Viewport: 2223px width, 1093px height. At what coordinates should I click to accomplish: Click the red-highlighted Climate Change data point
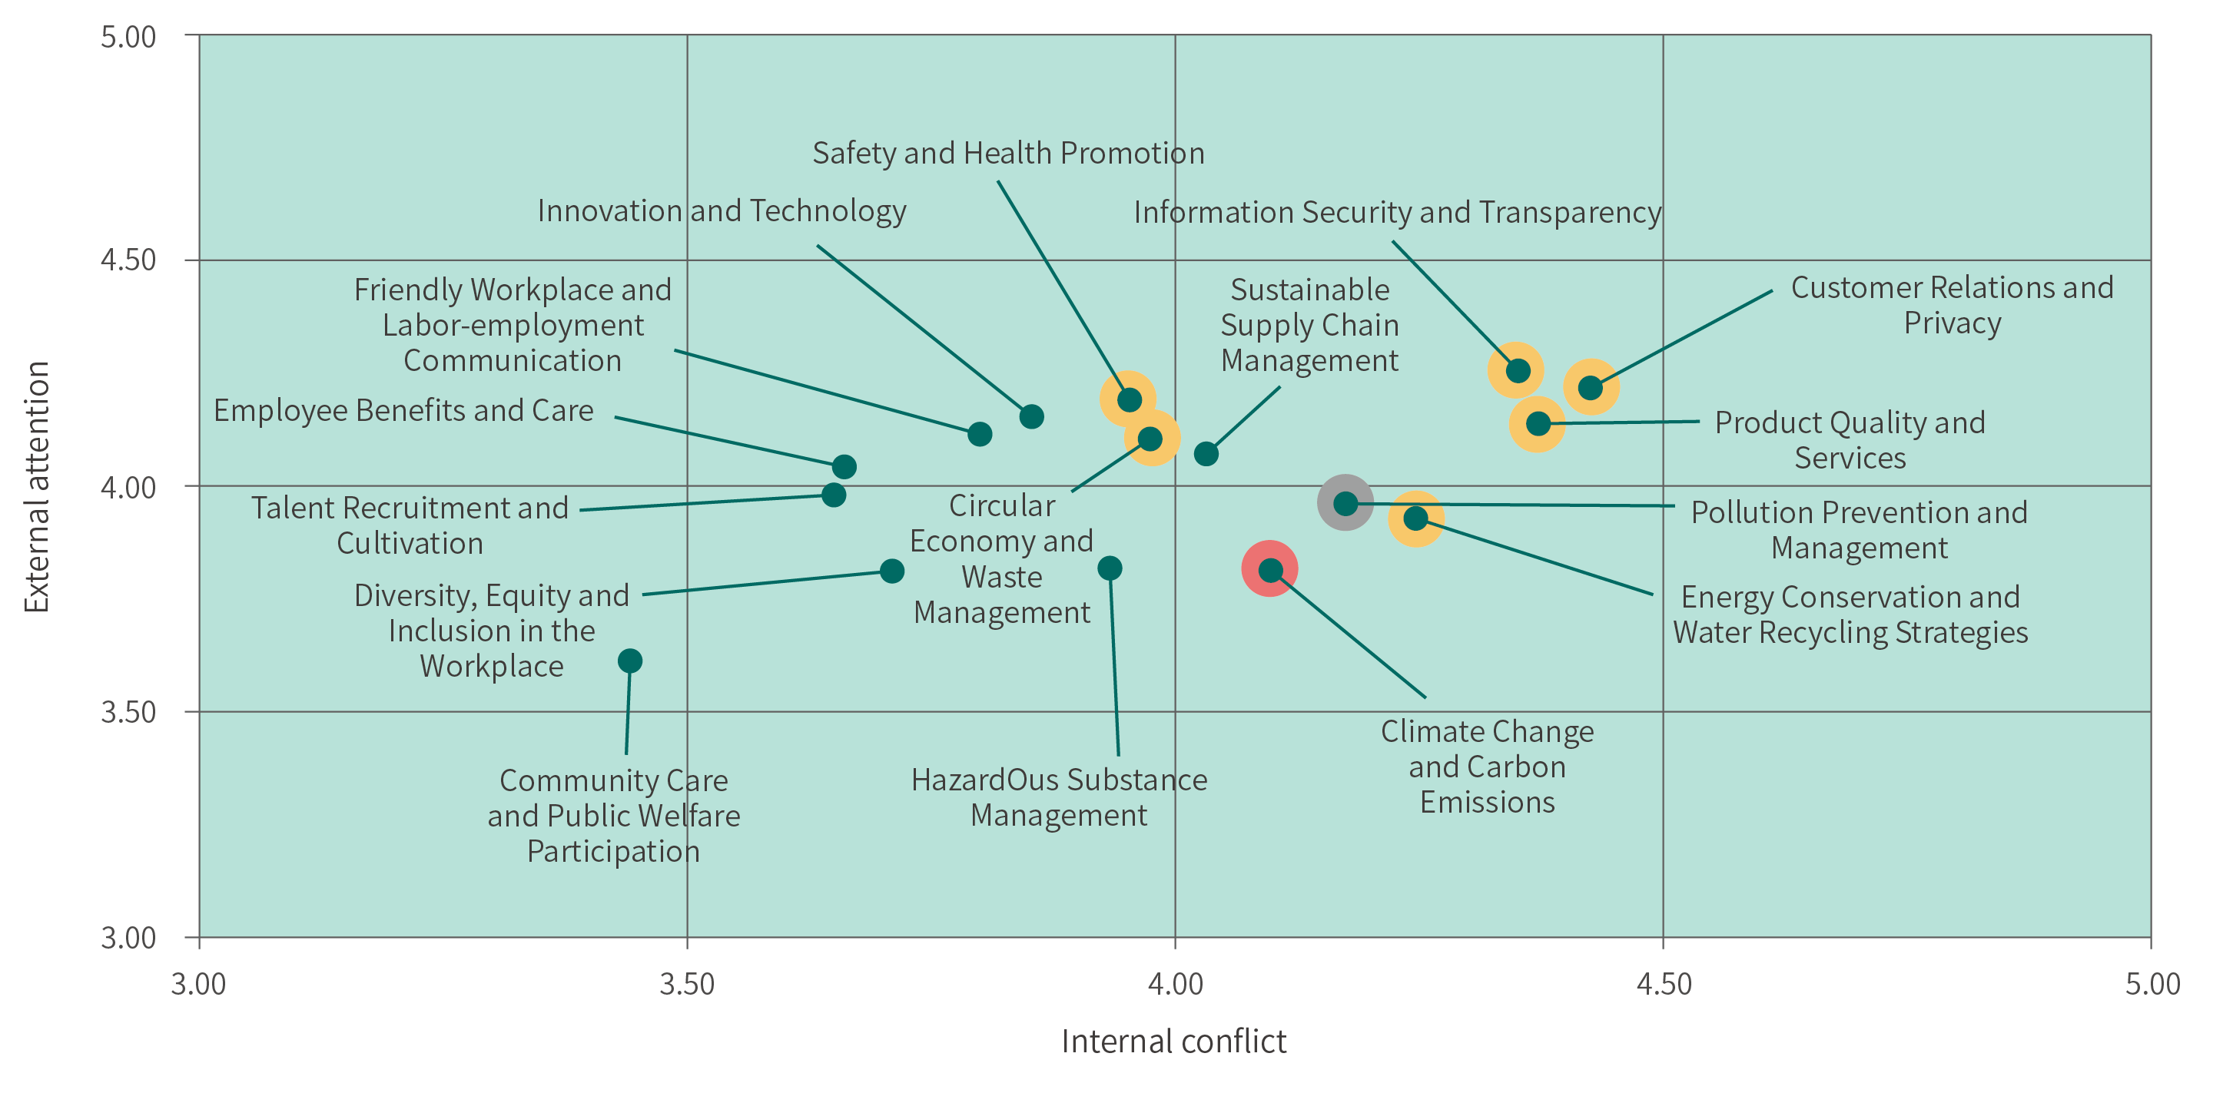1269,569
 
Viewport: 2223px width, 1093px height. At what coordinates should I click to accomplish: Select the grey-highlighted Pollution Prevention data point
1345,503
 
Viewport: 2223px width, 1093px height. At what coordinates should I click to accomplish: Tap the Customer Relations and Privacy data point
1591,387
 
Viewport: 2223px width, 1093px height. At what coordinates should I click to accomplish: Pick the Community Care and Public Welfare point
630,661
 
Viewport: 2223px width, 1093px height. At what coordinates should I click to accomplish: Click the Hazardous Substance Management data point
1110,568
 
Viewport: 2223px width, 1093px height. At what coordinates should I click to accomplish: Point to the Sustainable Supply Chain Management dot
1206,453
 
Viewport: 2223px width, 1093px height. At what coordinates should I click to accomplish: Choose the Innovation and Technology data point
1031,416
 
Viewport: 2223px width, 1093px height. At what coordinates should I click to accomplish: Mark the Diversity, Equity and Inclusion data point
891,570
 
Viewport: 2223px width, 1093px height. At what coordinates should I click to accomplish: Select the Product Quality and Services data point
1538,423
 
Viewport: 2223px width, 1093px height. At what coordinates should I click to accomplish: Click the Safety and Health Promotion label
1008,153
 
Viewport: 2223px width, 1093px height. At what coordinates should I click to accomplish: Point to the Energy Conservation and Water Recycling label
1850,614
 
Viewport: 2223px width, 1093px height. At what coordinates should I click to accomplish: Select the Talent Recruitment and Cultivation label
410,525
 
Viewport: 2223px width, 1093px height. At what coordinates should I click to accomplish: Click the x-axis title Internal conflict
1173,1042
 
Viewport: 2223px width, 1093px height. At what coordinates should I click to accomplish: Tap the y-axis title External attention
36,486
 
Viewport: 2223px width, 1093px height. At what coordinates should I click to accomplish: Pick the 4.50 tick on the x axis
1664,984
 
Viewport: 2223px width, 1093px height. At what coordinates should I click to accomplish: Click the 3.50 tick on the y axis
128,712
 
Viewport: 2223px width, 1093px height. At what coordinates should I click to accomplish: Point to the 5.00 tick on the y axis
128,36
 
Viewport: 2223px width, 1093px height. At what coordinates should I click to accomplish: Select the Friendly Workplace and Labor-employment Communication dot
980,433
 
